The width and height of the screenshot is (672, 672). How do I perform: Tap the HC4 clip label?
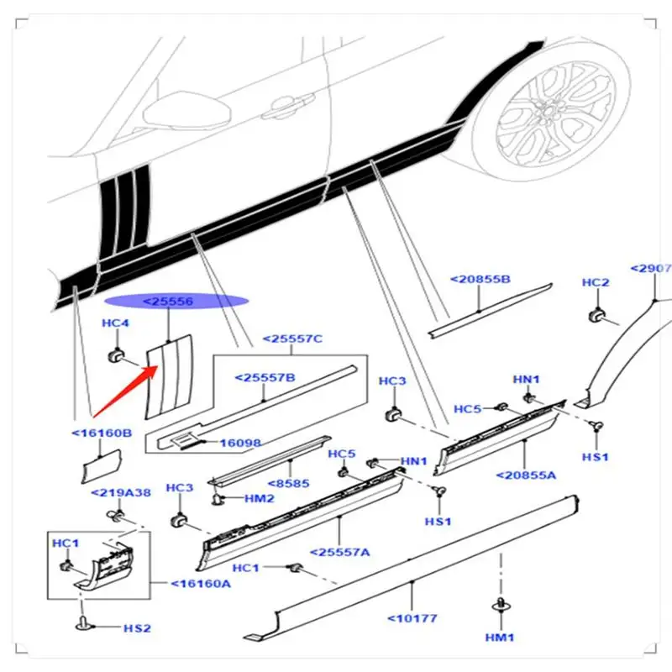[x=116, y=323]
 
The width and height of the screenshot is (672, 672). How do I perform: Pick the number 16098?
[x=241, y=442]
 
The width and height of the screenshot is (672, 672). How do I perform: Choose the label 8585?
[x=293, y=483]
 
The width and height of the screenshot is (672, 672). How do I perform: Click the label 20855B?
[x=480, y=279]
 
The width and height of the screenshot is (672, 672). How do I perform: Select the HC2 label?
[x=596, y=283]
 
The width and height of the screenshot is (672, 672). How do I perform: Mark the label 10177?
[x=412, y=619]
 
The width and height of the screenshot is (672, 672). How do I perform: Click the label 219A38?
[x=122, y=493]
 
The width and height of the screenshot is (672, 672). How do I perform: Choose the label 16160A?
[x=201, y=584]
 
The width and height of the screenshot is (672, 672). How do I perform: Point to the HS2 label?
[x=137, y=627]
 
